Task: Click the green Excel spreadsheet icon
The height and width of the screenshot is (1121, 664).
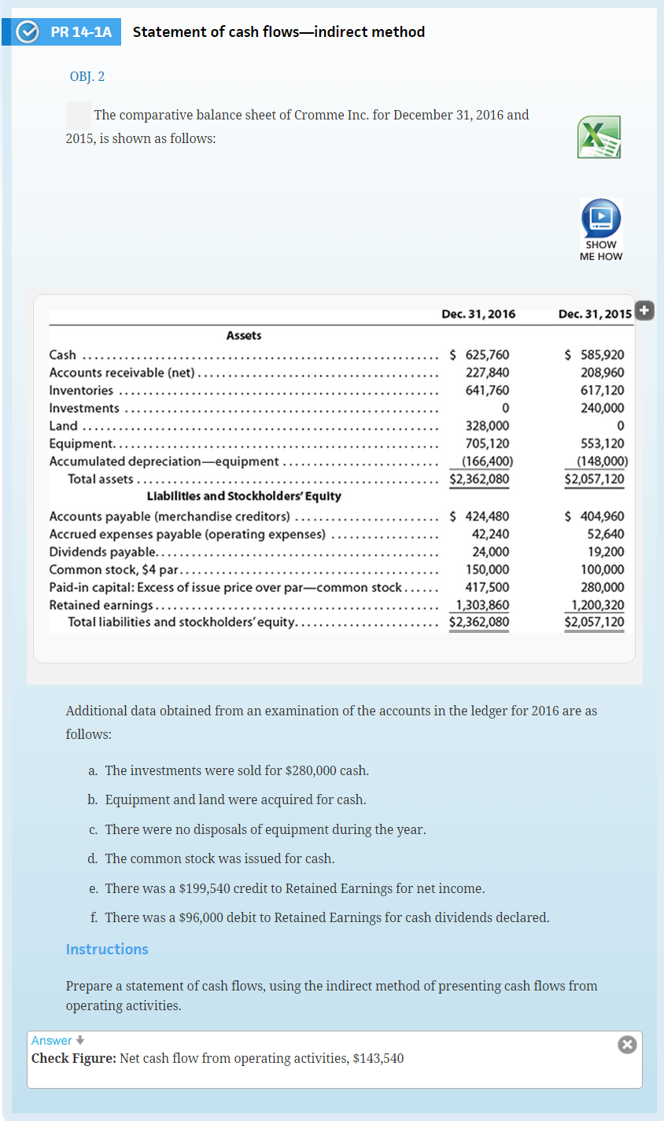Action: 599,138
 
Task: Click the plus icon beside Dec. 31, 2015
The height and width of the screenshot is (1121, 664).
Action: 644,311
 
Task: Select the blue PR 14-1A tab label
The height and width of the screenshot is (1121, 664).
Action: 81,32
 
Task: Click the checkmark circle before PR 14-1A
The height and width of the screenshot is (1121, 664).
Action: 28,32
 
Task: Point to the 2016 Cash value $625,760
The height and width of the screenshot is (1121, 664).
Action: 481,355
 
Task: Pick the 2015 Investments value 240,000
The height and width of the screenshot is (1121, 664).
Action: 603,408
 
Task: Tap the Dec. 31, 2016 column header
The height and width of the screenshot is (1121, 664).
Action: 478,314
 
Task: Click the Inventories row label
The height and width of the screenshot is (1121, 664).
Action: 81,391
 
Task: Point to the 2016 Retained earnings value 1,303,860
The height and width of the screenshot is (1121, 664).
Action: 482,605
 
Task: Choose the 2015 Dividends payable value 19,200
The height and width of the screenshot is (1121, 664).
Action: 607,552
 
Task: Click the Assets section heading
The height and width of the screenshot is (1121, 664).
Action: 244,336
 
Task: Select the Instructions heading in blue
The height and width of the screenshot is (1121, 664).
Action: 107,949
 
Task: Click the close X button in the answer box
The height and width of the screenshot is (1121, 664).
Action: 626,1044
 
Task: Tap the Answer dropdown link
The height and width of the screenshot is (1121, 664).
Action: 52,1041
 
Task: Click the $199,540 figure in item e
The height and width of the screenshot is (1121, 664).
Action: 207,888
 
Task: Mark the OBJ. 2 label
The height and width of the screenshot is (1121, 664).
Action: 87,76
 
